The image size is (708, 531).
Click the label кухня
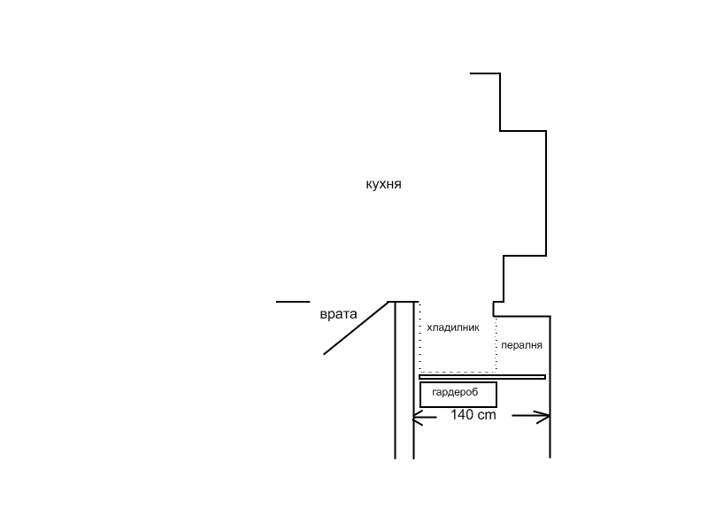383,185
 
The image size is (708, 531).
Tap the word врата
338,314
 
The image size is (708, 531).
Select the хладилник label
453,327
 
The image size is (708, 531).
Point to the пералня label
521,345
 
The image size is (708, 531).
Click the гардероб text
455,392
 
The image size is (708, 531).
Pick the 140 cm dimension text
473,414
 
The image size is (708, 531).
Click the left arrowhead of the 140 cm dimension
417,418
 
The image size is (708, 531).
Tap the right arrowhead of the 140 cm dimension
543,417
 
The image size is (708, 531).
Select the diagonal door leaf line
356,327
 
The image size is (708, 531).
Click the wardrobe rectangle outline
458,383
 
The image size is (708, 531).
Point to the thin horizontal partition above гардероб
482,377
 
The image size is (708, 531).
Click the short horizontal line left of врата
293,302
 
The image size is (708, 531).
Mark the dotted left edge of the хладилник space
420,337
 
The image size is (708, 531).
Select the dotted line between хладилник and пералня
496,344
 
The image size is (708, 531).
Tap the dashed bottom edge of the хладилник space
458,372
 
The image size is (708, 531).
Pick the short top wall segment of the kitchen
485,73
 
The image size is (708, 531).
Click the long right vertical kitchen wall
546,193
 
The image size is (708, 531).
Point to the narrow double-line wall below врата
404,381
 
